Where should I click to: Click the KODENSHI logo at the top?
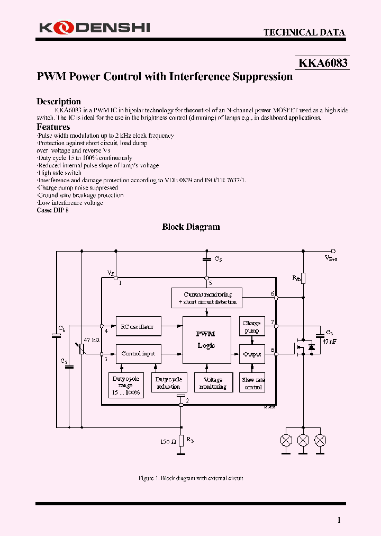point(94,27)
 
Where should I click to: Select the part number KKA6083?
point(323,63)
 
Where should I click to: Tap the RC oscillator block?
point(138,327)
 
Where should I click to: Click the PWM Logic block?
point(206,340)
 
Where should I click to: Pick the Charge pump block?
point(251,326)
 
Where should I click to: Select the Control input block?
point(138,353)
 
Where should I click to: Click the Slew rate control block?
point(252,383)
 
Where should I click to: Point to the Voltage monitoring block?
point(213,383)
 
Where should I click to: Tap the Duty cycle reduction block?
point(168,383)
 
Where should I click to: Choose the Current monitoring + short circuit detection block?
point(207,298)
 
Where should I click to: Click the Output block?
point(252,354)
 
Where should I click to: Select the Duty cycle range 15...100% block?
point(126,386)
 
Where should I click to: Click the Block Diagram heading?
point(190,227)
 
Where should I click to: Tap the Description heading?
point(58,101)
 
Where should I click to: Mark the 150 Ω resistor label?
point(168,441)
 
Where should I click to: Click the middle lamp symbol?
point(303,440)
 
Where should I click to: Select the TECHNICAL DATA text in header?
point(304,32)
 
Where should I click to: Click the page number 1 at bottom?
point(339,520)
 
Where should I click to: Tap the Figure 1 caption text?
point(190,478)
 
